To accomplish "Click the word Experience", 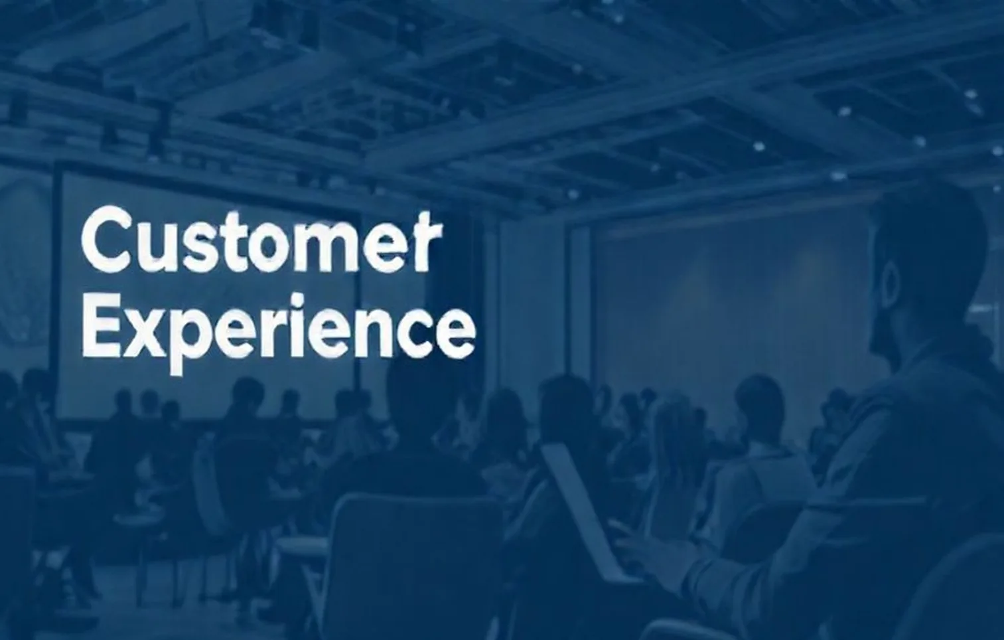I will (278, 331).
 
